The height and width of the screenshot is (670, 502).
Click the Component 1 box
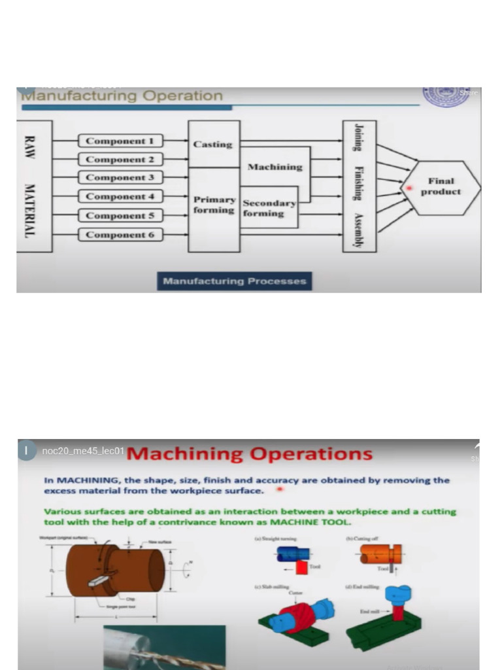120,141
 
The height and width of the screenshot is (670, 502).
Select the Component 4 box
120,196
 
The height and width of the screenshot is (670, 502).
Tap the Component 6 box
120,235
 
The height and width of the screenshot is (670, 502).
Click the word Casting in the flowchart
213,144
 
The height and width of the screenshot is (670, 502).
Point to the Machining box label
275,167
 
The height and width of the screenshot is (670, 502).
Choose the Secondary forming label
269,208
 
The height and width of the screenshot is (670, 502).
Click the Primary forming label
214,205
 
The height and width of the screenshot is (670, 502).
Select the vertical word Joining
358,137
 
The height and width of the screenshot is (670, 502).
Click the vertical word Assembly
358,231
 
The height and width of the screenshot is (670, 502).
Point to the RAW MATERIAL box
29,186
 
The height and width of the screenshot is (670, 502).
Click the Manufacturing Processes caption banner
234,281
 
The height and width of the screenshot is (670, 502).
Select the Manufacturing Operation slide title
122,96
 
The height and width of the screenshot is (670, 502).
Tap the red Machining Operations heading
249,453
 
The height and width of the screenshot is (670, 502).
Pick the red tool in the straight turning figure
301,567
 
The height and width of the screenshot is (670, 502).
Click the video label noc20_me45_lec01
82,451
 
